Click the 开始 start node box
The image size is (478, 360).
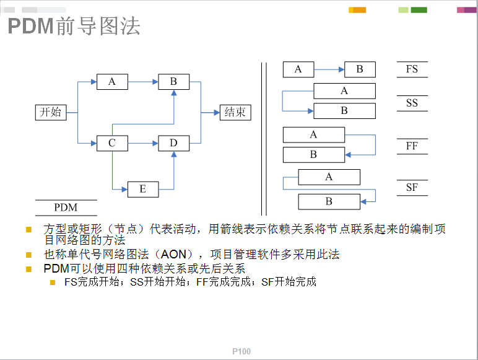click(x=51, y=112)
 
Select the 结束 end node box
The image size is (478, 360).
click(x=235, y=112)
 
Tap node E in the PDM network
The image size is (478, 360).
click(x=143, y=189)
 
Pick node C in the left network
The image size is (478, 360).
click(x=112, y=143)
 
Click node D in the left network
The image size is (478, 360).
click(x=174, y=143)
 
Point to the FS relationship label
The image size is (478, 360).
click(x=412, y=69)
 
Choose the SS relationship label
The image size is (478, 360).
click(x=412, y=103)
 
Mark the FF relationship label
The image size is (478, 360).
click(x=412, y=146)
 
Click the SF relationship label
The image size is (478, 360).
click(x=412, y=187)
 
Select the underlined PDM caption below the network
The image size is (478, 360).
click(x=66, y=208)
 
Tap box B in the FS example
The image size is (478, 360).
click(x=360, y=69)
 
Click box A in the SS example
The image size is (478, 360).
click(x=344, y=91)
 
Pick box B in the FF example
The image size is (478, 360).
click(x=314, y=155)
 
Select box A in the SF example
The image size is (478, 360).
click(x=329, y=177)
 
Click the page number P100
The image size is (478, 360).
click(x=241, y=351)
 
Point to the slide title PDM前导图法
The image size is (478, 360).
click(x=74, y=26)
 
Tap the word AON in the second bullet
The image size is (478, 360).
click(x=173, y=254)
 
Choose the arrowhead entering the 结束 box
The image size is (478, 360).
click(x=217, y=113)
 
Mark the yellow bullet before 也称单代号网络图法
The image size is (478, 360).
click(x=29, y=255)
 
